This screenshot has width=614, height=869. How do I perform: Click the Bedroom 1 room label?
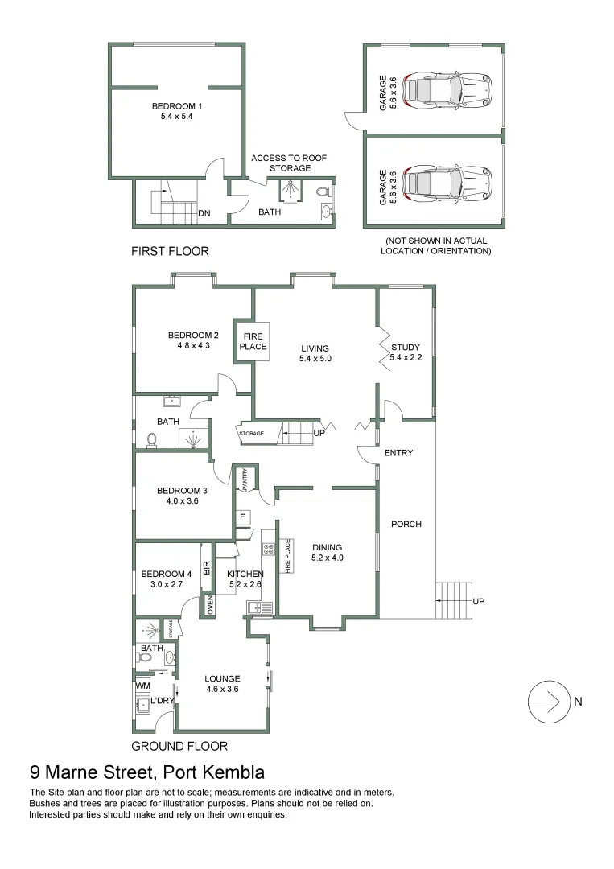click(x=177, y=111)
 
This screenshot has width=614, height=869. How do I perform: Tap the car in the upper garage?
click(x=447, y=89)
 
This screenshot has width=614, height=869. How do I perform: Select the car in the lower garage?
click(x=447, y=183)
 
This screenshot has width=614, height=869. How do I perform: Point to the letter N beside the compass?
click(x=578, y=702)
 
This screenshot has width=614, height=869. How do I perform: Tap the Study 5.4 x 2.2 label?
click(x=406, y=352)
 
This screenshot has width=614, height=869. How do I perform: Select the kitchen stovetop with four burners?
click(x=268, y=550)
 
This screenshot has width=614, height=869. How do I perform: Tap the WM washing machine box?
click(x=142, y=685)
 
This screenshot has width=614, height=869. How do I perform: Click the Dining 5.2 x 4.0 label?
click(x=327, y=551)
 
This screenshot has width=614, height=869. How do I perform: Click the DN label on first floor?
click(x=204, y=213)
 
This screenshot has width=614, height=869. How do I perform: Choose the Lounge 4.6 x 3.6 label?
click(x=222, y=683)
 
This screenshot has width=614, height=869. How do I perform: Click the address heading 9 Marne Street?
click(x=146, y=773)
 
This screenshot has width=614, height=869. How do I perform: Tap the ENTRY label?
click(x=398, y=453)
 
